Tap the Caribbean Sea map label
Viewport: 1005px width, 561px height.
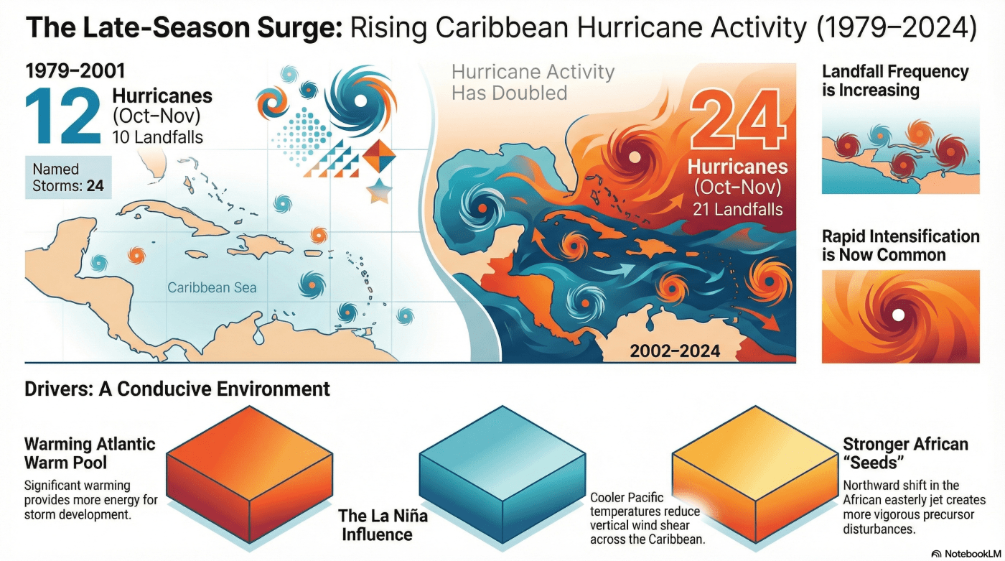(212, 288)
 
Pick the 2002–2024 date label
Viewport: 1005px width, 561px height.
(675, 352)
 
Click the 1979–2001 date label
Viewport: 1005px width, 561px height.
(75, 71)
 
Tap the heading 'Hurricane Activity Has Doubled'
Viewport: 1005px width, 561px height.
(533, 82)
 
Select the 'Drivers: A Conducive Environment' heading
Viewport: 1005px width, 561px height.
(177, 389)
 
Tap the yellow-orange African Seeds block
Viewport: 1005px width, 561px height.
(754, 470)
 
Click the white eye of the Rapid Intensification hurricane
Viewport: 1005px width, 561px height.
(897, 315)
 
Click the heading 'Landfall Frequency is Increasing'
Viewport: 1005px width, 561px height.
(895, 81)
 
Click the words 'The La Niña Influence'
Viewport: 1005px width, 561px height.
(377, 525)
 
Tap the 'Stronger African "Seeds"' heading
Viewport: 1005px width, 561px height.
(905, 453)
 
